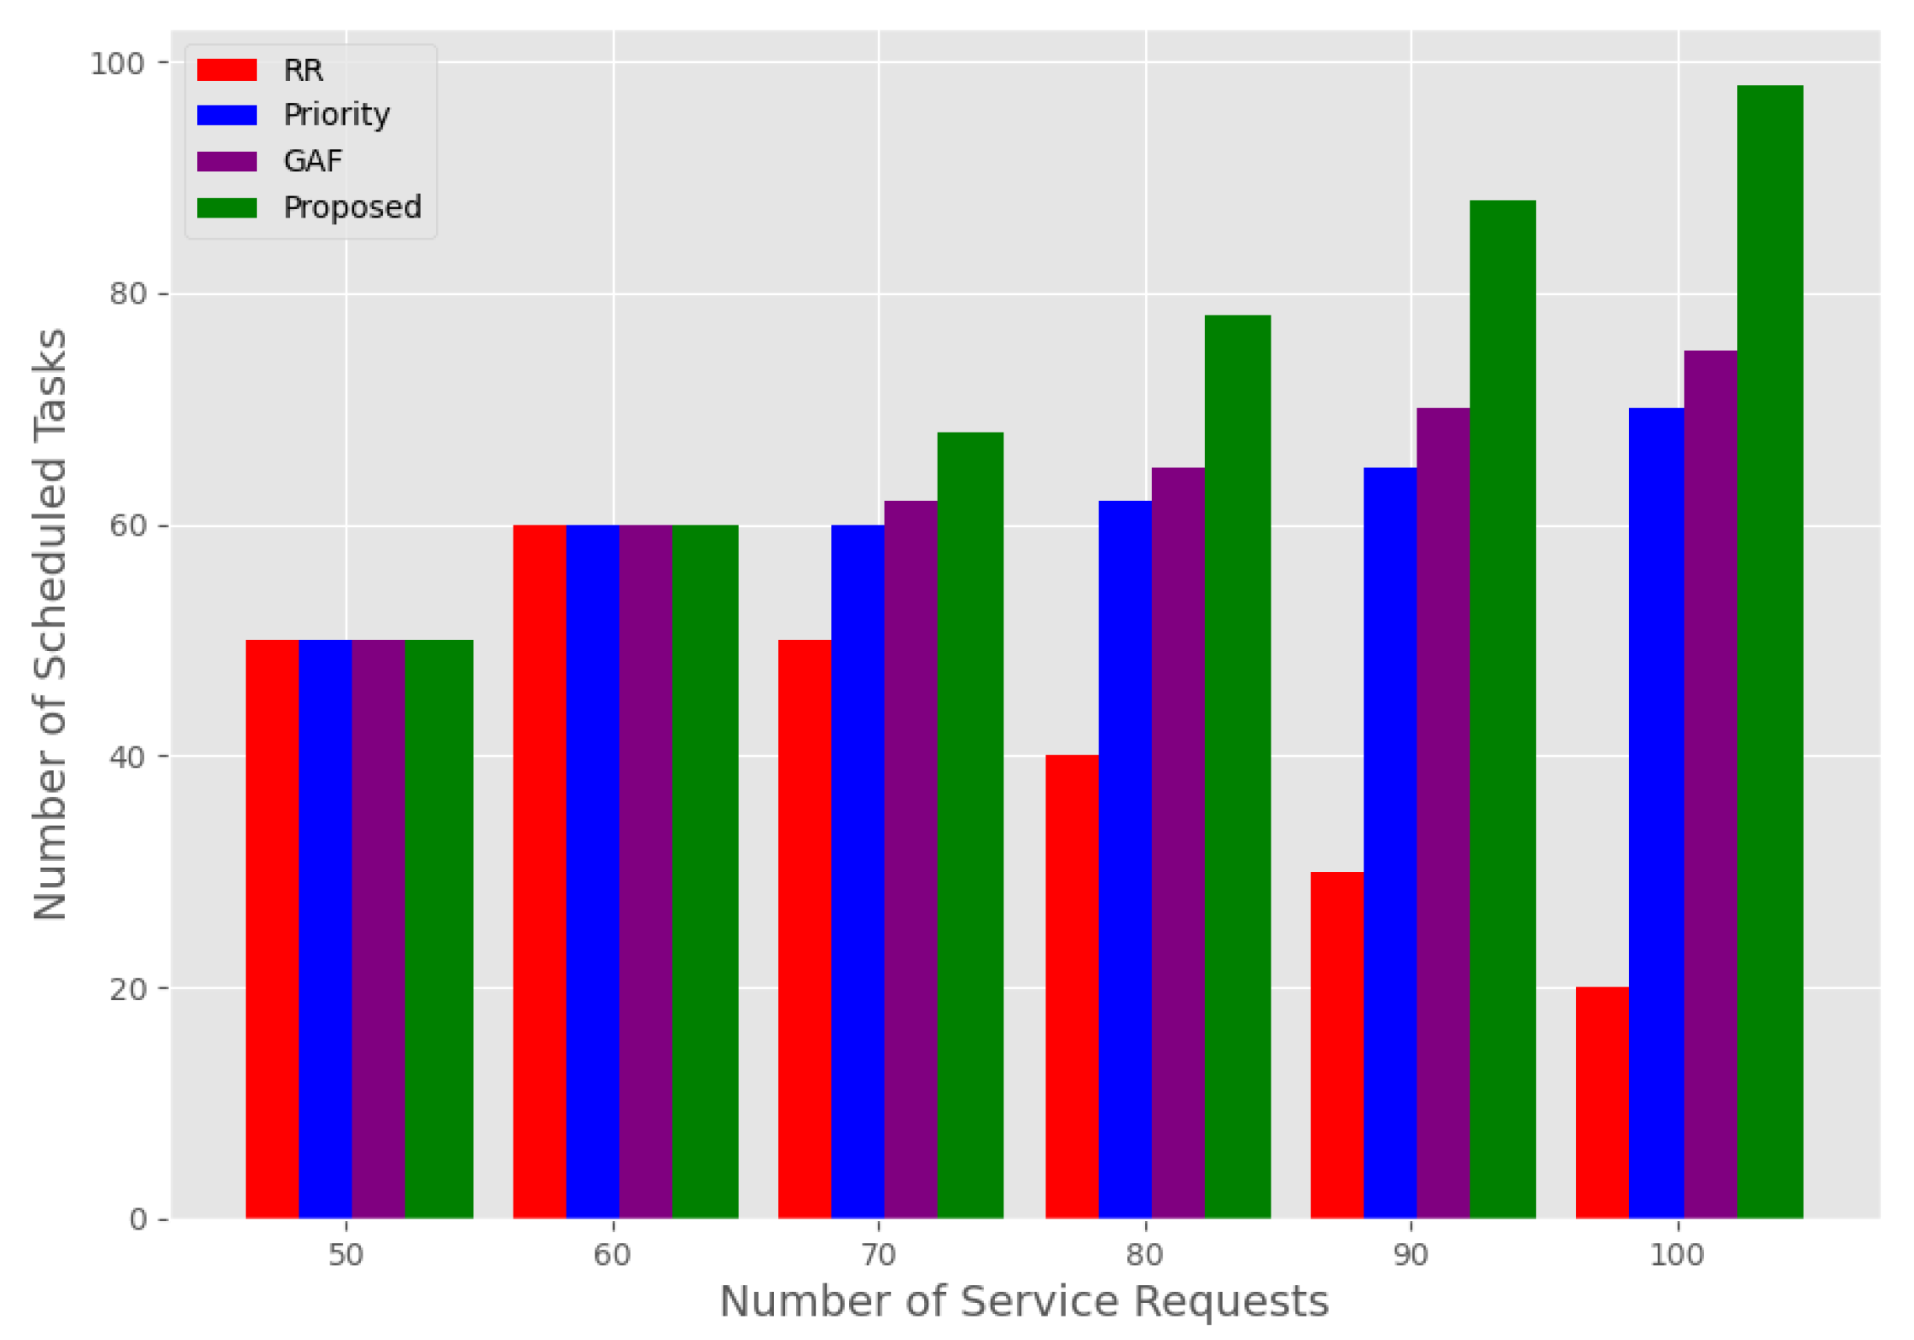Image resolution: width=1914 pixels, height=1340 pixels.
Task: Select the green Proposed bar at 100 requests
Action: tap(1769, 651)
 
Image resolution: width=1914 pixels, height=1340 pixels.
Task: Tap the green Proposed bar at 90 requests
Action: tap(1502, 708)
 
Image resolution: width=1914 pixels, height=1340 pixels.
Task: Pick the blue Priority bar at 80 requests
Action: tap(1124, 858)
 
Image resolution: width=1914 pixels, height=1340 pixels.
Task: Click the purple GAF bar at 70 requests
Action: tap(910, 858)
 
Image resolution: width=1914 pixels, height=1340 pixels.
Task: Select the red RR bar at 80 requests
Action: tap(1071, 986)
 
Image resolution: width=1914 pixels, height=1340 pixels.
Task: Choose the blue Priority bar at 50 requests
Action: tap(325, 928)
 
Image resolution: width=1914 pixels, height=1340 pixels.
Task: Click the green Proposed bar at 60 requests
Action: tap(705, 871)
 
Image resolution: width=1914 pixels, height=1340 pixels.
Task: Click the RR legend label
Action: tap(303, 70)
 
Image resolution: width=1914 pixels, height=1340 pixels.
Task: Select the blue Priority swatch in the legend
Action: tap(227, 115)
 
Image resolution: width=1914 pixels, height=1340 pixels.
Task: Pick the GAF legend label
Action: tap(313, 160)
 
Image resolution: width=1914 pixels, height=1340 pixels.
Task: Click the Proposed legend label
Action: tap(352, 207)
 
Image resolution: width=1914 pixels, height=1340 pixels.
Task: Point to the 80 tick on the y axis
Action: tap(127, 293)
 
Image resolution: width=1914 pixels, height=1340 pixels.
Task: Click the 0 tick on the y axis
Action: tap(137, 1219)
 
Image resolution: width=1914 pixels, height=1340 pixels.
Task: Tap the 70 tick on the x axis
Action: tap(878, 1255)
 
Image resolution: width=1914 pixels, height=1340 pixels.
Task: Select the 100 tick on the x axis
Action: tap(1676, 1255)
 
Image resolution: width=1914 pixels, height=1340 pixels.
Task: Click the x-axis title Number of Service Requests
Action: tap(1024, 1300)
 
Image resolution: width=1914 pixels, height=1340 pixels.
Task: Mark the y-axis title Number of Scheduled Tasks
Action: tap(51, 624)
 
